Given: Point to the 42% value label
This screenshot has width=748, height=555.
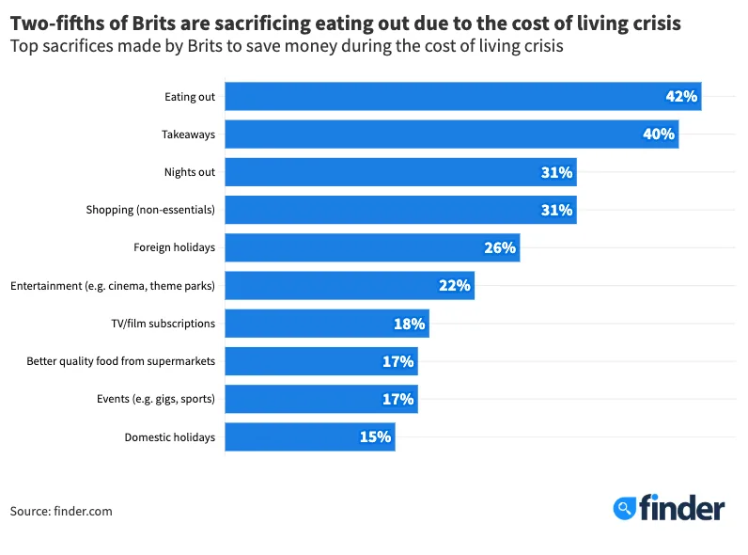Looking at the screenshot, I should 680,97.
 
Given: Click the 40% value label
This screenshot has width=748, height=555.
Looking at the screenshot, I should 658,135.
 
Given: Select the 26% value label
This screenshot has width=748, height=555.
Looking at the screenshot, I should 500,247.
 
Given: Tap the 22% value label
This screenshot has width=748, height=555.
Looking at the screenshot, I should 454,286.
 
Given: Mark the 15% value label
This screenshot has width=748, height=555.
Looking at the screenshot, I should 375,436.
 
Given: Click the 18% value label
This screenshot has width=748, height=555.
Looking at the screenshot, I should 409,324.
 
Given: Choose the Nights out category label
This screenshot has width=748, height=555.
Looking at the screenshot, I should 189,172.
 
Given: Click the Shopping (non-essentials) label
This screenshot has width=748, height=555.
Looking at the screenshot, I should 150,210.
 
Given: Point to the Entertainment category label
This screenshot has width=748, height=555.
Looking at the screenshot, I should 113,286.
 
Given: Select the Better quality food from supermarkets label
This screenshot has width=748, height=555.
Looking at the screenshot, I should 120,361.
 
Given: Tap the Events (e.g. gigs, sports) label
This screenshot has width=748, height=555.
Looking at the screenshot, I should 156,399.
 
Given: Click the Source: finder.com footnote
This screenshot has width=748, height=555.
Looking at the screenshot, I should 61,511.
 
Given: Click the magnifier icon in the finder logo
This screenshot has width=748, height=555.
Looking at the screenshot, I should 624,509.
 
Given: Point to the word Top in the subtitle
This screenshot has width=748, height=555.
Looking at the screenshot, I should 23,45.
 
